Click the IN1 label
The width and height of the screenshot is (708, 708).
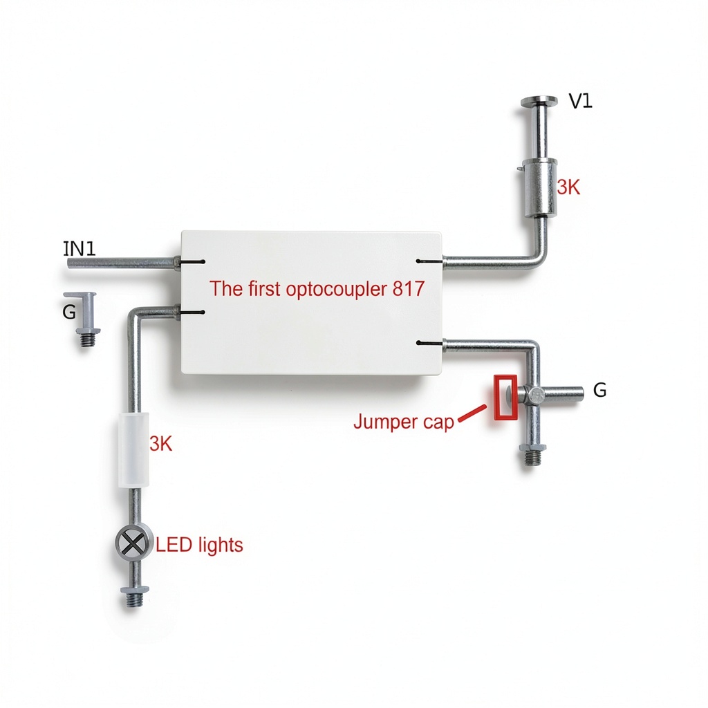(x=80, y=249)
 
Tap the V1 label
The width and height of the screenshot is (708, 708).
(x=580, y=101)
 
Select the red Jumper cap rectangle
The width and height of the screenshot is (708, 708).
(x=505, y=398)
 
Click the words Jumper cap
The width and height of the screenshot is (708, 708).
(x=404, y=422)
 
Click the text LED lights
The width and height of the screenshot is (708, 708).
(x=199, y=545)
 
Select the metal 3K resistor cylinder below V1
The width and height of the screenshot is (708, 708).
(x=539, y=187)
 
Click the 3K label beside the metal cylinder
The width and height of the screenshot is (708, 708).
(x=568, y=187)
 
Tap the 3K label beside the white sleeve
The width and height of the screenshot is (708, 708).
(x=160, y=445)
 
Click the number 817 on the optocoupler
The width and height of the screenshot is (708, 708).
(x=409, y=288)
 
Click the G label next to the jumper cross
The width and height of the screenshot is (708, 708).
(x=599, y=390)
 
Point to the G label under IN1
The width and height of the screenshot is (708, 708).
(x=69, y=312)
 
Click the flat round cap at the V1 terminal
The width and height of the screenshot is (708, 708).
(x=539, y=102)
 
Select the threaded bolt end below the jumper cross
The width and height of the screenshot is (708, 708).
(x=532, y=455)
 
